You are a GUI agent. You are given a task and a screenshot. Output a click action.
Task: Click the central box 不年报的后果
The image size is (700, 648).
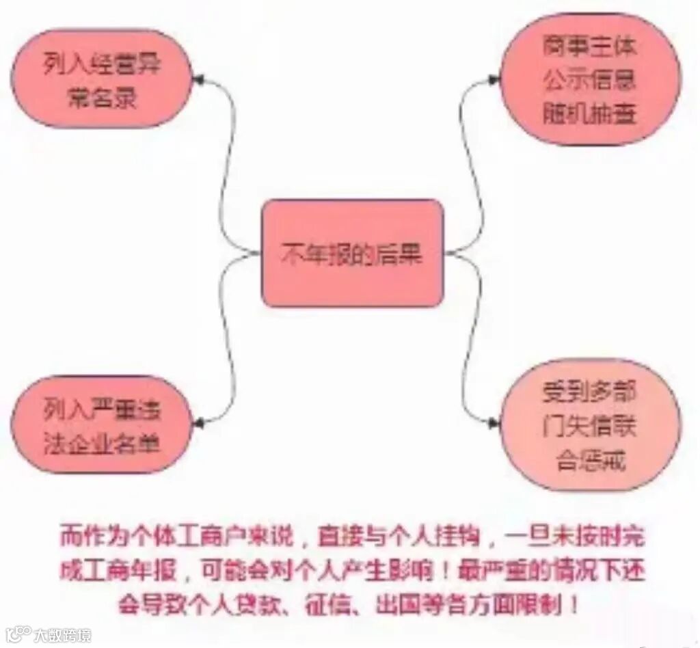tap(352, 254)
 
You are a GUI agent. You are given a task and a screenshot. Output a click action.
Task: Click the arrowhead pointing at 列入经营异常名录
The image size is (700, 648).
tap(198, 80)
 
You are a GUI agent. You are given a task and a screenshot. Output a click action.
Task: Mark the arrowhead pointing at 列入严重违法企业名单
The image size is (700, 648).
tap(198, 424)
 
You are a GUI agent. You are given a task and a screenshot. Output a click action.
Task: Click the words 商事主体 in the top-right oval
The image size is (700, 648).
tap(589, 47)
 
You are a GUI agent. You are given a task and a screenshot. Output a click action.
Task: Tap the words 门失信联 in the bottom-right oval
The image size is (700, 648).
tap(589, 426)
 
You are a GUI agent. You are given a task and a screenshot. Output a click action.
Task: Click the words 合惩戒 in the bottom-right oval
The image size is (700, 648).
tap(589, 459)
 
